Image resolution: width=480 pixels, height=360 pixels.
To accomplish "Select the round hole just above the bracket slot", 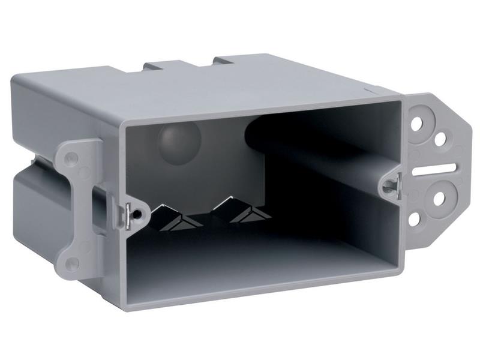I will (x=440, y=139).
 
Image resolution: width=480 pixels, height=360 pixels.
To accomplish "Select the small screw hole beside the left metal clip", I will (x=139, y=213).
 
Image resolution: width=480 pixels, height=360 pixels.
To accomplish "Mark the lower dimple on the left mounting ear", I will (x=73, y=262).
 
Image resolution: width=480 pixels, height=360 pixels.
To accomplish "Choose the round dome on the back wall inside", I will (x=178, y=140).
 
